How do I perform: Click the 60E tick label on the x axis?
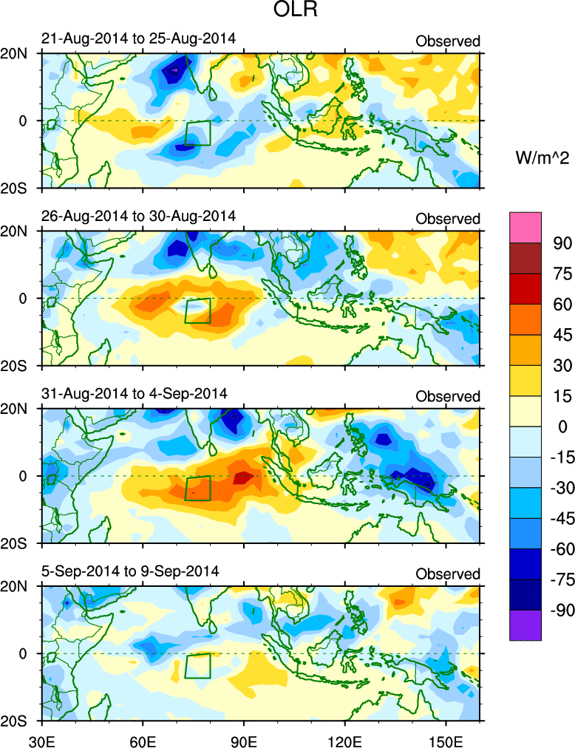pos(142,738)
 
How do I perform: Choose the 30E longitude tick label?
pos(41,738)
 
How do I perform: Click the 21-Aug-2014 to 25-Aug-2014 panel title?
pos(139,39)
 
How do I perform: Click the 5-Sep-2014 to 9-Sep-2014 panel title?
pos(129,571)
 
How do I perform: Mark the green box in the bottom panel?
pos(197,666)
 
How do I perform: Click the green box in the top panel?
pos(197,133)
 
